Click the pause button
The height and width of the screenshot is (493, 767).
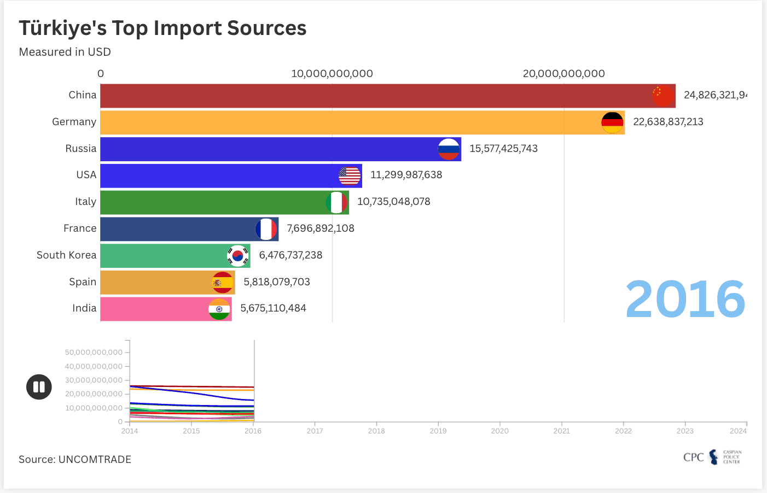click(x=39, y=387)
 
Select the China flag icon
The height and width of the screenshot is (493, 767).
click(x=663, y=96)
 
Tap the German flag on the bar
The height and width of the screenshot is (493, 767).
click(x=612, y=122)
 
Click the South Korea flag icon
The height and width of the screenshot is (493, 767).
click(x=238, y=256)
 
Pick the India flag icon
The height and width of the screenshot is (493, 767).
click(x=219, y=309)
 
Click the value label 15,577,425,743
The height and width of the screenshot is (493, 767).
click(x=503, y=149)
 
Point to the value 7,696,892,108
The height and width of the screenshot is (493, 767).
click(x=321, y=228)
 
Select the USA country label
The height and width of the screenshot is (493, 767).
click(x=86, y=175)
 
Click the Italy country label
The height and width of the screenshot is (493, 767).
click(x=86, y=202)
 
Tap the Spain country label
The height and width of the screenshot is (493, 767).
click(x=83, y=282)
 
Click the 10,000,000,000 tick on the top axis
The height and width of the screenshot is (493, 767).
click(x=332, y=74)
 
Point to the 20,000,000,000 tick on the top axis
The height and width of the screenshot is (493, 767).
click(x=564, y=74)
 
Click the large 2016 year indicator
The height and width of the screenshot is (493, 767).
click(x=685, y=299)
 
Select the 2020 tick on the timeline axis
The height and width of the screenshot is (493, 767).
click(x=499, y=431)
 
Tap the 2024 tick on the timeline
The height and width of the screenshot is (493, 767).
click(x=738, y=431)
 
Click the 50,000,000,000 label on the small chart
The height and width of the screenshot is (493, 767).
click(x=94, y=353)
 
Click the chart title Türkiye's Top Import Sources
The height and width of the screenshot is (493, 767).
click(x=162, y=28)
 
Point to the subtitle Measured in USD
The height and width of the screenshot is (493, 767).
click(x=65, y=52)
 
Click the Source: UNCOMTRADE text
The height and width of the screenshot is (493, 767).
click(x=75, y=460)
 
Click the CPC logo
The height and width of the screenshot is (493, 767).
click(x=712, y=457)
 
